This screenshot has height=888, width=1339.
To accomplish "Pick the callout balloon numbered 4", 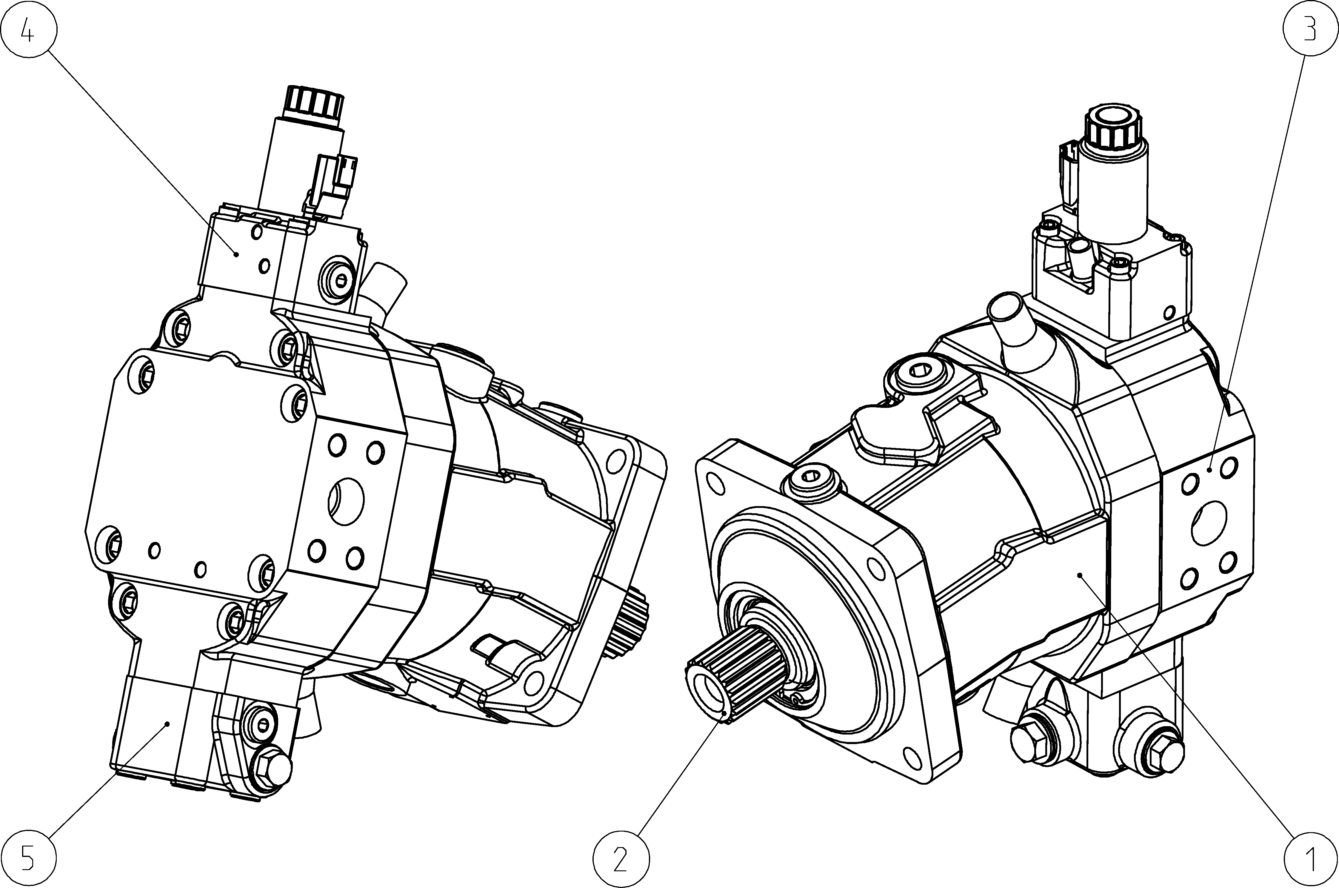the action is (28, 28).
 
